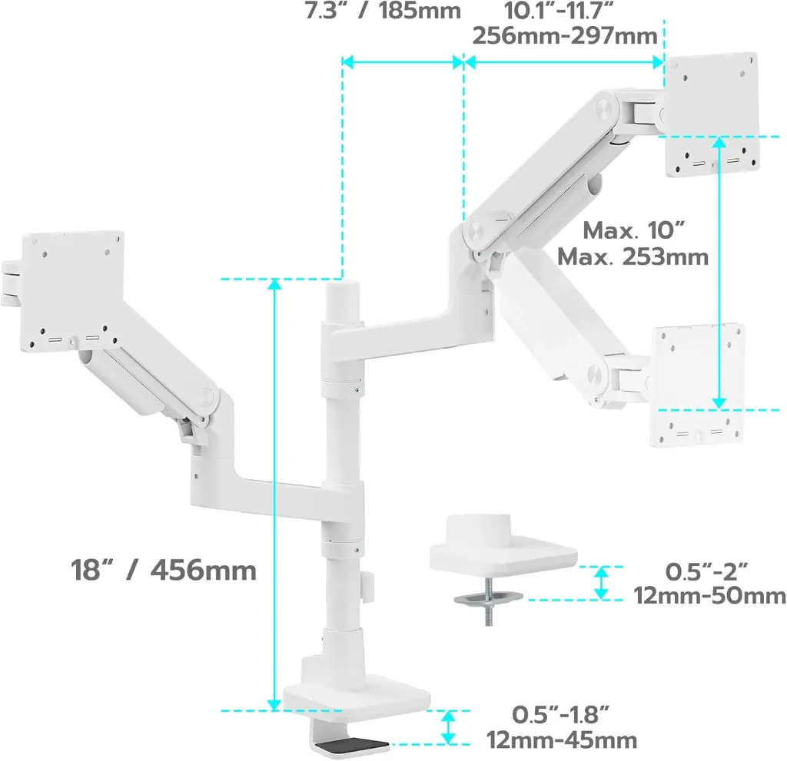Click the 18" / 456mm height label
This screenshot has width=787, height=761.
pos(164,570)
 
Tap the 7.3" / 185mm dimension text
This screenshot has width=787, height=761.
pos(383,11)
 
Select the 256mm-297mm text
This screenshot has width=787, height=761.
pos(565,35)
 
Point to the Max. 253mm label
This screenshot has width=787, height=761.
pos(633,256)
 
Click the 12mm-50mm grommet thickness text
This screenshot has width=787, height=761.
pos(709,596)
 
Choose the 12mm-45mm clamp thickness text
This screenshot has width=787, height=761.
pos(562,740)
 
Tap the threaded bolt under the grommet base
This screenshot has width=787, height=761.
pos(488,601)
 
